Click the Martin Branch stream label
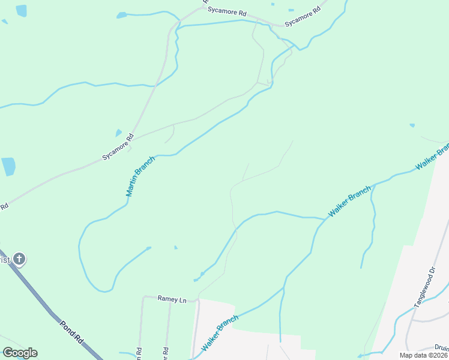pos(140,176)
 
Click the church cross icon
pos(19,259)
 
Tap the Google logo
pos(20,353)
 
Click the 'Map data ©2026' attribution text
pos(423,355)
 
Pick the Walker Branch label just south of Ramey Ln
pos(219,334)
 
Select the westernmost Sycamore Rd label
pos(117,148)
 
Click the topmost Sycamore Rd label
pos(227,11)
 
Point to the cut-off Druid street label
pos(441,347)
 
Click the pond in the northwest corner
pos(22,11)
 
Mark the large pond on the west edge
pos(8,166)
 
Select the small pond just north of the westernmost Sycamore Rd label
pos(119,133)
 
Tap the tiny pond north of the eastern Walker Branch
pos(412,125)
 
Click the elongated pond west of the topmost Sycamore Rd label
pos(122,15)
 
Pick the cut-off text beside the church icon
pos(5,259)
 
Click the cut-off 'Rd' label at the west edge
pos(4,206)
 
